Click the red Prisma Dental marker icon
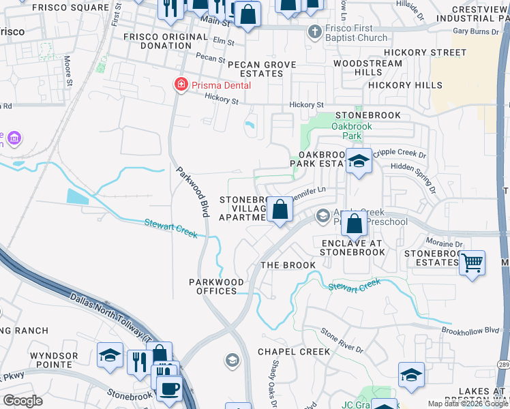pos(181,85)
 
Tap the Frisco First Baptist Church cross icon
pos(314,31)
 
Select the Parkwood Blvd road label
pos(193,192)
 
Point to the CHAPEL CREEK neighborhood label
pos(293,352)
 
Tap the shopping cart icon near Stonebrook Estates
pos(472,262)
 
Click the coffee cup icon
pos(169,389)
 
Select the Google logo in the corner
pos(22,401)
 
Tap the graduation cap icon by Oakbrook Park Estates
pos(359,162)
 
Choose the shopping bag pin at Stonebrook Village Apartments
pos(280,209)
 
